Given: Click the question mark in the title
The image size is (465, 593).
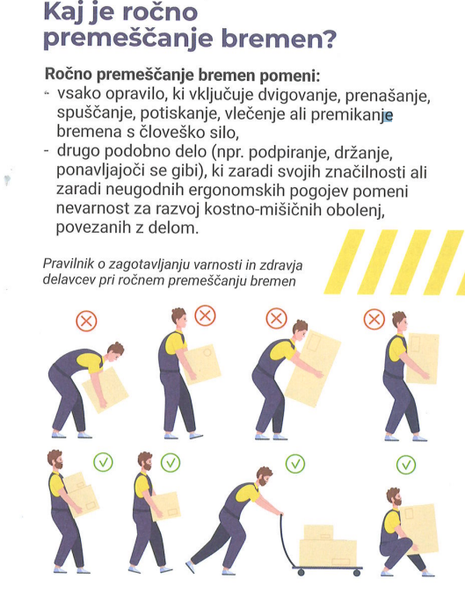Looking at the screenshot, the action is pos(328,38).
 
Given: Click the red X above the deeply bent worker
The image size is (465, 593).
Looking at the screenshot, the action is pos(86,322).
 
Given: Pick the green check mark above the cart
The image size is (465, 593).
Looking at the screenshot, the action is pos(295,464).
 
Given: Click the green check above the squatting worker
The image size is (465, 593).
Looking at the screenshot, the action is pos(406,465).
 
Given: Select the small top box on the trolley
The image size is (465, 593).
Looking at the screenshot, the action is pos(318,532).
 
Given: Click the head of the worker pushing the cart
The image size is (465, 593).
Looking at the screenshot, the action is pos(264,476).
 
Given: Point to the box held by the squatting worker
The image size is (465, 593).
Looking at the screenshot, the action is pos(418,528).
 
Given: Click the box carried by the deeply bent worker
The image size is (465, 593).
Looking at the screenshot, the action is pos(105,390).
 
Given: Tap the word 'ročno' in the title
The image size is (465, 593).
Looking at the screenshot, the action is pos(160,11).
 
